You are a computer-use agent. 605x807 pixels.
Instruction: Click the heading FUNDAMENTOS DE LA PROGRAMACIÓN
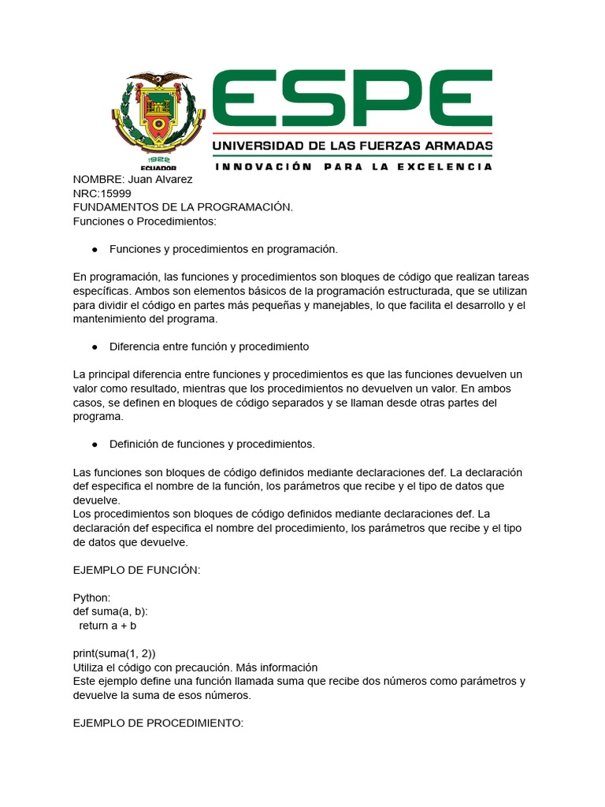183,206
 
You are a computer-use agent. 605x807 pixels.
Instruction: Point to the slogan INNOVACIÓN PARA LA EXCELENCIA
354,166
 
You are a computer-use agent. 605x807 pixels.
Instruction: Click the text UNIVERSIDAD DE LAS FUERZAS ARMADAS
353,147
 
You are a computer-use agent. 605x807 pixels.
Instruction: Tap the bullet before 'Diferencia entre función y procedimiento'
95,347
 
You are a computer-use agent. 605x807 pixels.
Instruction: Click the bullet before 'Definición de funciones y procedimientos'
95,444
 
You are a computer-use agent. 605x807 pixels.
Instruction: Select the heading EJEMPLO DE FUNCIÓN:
136,570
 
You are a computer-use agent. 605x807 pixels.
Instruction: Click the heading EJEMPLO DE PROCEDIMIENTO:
158,722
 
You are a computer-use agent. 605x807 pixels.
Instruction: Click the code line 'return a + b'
108,626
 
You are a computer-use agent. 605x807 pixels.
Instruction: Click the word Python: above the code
92,597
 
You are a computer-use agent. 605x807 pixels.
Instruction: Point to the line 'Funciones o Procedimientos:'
144,221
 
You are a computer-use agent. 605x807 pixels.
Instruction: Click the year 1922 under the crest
159,158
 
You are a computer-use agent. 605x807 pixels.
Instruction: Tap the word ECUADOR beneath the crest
158,167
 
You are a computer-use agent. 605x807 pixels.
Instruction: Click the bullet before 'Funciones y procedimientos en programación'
95,249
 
